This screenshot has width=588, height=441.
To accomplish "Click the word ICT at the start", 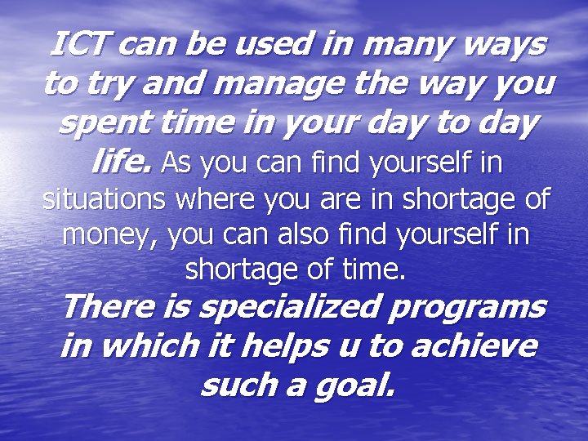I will tap(79, 44).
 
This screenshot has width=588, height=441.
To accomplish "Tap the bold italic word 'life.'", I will tap(121, 163).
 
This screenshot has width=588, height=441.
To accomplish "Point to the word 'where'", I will tap(227, 199).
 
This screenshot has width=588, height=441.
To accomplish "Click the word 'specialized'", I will tap(294, 308).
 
